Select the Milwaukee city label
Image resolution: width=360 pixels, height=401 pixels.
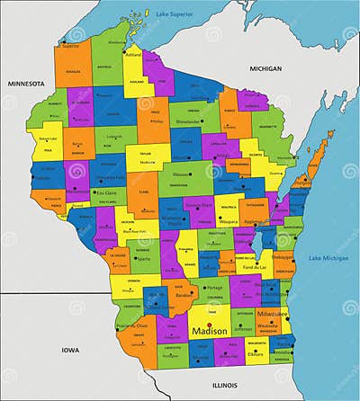(272, 315)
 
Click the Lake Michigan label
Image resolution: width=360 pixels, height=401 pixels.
(328, 258)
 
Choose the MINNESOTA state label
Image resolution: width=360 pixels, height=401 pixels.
(26, 83)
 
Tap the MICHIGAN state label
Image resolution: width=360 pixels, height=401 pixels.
(265, 68)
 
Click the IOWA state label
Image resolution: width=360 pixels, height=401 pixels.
(69, 348)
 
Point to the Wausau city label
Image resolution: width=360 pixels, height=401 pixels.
(182, 174)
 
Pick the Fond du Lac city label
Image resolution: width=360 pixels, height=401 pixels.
(256, 267)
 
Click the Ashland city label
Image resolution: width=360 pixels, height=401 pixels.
(133, 54)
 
